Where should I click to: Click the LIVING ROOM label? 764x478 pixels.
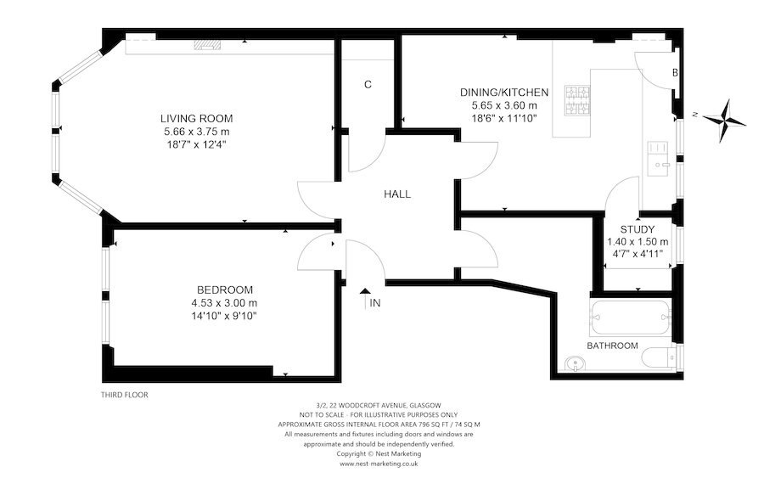tap(198, 118)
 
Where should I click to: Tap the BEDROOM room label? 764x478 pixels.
tap(224, 290)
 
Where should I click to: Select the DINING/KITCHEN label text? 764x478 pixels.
tap(504, 92)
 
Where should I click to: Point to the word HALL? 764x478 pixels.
tap(396, 194)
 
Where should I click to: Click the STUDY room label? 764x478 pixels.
tap(637, 228)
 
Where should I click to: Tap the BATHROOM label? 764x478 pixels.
tap(612, 346)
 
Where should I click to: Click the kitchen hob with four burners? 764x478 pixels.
tap(579, 100)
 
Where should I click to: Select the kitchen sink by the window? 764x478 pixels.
tap(659, 155)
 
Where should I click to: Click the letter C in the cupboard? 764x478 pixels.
tap(368, 84)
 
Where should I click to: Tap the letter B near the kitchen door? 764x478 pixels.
tap(675, 73)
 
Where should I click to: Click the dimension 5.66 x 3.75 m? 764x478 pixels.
tap(198, 132)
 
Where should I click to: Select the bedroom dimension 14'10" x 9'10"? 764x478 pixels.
tap(224, 316)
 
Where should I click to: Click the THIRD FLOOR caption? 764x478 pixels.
tap(124, 395)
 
